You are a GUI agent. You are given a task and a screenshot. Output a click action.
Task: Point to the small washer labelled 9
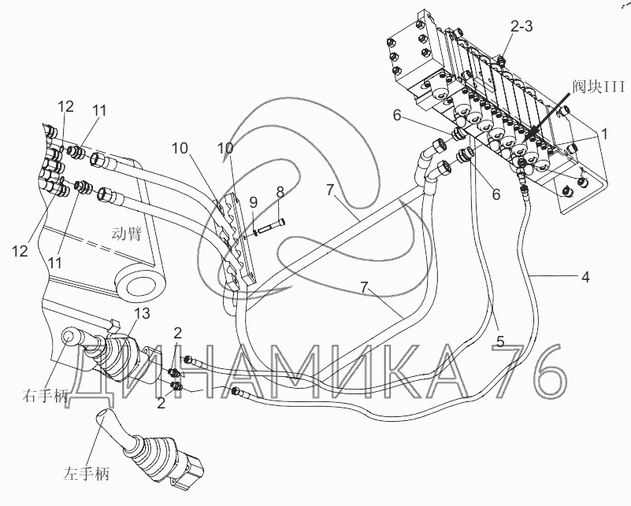click(x=248, y=231)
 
